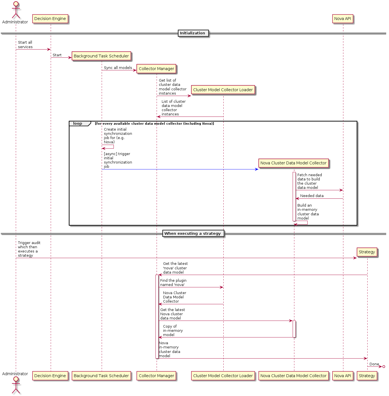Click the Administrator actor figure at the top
[16, 11]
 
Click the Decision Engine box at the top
[50, 19]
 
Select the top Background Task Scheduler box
[101, 56]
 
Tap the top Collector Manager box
[156, 69]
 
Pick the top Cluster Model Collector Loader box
[223, 90]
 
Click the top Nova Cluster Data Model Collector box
[293, 163]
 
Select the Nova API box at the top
[343, 19]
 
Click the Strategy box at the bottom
[367, 376]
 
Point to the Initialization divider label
[193, 33]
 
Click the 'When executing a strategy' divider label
[193, 233]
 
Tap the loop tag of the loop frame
[78, 124]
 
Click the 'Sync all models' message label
[118, 68]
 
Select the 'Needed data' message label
[312, 196]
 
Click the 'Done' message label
[374, 364]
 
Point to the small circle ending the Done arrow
[384, 366]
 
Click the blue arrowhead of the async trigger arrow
[256, 169]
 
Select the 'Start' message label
[57, 55]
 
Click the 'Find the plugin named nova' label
[173, 283]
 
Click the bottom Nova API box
[343, 376]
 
